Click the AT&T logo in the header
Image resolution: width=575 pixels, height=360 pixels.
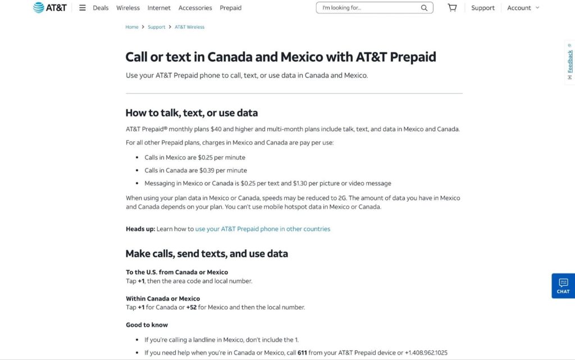pyautogui.click(x=51, y=8)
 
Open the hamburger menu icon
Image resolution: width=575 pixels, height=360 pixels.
pyautogui.click(x=83, y=8)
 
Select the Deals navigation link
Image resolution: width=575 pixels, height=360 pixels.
pyautogui.click(x=101, y=8)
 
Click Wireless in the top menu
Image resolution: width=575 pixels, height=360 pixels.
pyautogui.click(x=128, y=8)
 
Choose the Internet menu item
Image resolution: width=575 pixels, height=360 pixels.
pyautogui.click(x=159, y=8)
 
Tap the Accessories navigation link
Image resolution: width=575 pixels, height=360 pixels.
pyautogui.click(x=195, y=8)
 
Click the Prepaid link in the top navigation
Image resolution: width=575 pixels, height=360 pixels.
pyautogui.click(x=230, y=8)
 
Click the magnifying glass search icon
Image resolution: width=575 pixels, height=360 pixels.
pyautogui.click(x=425, y=8)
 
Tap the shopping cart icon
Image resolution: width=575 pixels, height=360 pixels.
pyautogui.click(x=452, y=8)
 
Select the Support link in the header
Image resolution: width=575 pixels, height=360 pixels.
pyautogui.click(x=483, y=8)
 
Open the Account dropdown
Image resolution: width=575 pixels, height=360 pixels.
pyautogui.click(x=523, y=8)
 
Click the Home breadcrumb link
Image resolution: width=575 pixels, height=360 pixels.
pyautogui.click(x=132, y=27)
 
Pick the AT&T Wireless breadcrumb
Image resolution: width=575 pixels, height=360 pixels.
pyautogui.click(x=190, y=27)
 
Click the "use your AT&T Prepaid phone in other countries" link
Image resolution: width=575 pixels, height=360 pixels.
pyautogui.click(x=263, y=229)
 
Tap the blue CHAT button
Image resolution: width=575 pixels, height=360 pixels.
pyautogui.click(x=563, y=285)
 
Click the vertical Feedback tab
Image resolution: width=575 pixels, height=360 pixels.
pyautogui.click(x=570, y=62)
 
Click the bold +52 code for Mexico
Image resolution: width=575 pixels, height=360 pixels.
pyautogui.click(x=191, y=307)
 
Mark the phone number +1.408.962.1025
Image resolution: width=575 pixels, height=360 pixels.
pyautogui.click(x=426, y=353)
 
